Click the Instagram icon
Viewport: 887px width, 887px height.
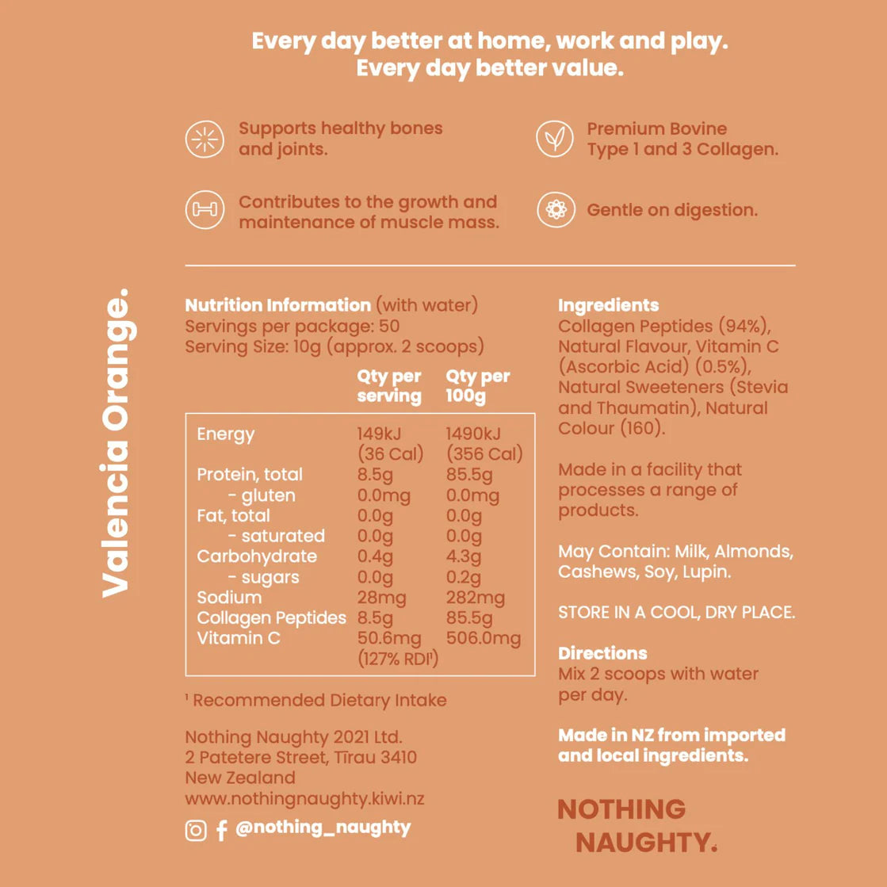(x=195, y=830)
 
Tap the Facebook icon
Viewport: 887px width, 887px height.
(x=221, y=830)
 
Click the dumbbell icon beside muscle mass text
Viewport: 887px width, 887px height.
(x=204, y=211)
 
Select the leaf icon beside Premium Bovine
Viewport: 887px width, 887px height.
(x=555, y=140)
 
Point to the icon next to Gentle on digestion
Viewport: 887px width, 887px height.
(x=555, y=210)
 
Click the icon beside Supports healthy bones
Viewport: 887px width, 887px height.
(x=204, y=140)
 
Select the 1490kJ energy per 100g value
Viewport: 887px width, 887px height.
(x=473, y=434)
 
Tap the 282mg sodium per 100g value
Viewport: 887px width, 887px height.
(x=475, y=598)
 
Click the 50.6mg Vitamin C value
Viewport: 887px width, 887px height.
(x=389, y=638)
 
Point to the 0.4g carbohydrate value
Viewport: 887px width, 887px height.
(x=375, y=556)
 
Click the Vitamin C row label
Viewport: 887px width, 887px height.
(x=238, y=638)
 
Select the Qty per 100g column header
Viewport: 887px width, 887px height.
(x=477, y=386)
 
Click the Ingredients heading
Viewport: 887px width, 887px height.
(x=608, y=305)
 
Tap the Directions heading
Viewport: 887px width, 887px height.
(x=602, y=653)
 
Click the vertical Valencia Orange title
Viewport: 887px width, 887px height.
(x=116, y=444)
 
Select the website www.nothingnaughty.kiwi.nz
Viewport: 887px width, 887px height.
(x=304, y=798)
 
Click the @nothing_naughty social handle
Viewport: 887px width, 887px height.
(x=323, y=828)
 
